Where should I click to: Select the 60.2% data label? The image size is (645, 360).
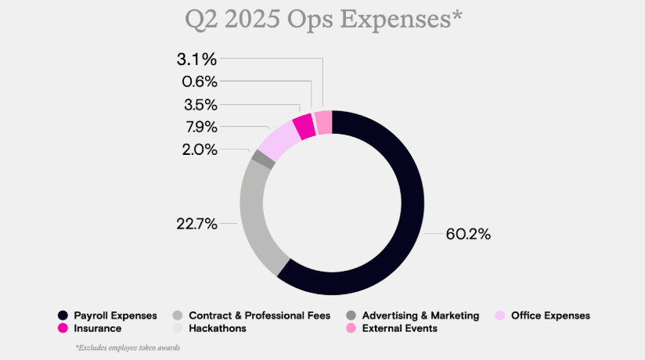click(468, 234)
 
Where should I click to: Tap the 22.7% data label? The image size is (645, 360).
click(196, 224)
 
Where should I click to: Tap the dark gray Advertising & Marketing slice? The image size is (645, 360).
click(263, 159)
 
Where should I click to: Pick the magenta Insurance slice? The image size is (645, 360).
click(304, 125)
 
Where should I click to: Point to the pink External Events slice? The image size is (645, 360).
click(323, 121)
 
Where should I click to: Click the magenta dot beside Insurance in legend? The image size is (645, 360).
click(63, 329)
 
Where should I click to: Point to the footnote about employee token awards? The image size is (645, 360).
click(127, 347)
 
